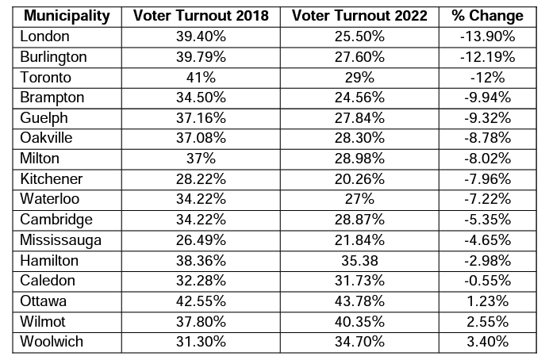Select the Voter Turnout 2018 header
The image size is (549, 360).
coord(201,16)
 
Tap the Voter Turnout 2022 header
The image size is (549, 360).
coord(360,16)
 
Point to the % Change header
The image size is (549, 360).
coord(486,16)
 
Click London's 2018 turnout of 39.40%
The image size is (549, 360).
coord(201,36)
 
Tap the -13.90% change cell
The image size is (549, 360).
coord(486,36)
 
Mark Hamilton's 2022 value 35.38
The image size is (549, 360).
coord(360,260)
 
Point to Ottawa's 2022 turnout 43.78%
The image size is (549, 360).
coord(360,301)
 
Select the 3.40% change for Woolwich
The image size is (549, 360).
coord(486,342)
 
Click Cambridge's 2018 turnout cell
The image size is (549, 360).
coord(201,220)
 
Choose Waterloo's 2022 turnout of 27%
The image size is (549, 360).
coord(360,199)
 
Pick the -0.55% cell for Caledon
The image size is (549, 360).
coord(486,281)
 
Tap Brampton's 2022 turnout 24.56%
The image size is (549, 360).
coord(360,98)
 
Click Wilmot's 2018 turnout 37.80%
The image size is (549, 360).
coord(201,321)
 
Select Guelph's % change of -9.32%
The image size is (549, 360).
coord(486,117)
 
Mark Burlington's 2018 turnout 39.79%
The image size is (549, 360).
coord(201,57)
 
